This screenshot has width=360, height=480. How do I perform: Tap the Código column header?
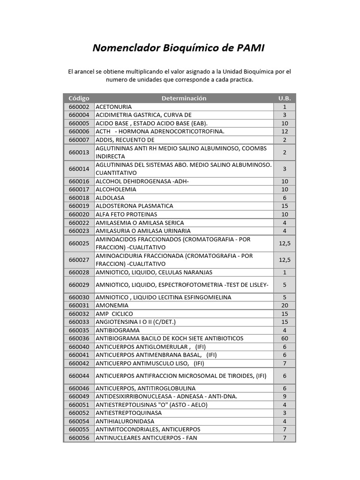(78, 98)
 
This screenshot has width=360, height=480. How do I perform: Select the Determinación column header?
(184, 98)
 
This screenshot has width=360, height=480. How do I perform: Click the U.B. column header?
(285, 98)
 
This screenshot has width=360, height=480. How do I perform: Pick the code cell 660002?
(78, 107)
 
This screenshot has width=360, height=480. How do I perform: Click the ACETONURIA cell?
(113, 107)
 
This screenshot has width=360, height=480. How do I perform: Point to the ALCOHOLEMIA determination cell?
(116, 189)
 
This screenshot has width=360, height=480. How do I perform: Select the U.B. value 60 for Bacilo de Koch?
(285, 338)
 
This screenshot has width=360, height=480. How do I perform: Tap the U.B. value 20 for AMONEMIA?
(285, 306)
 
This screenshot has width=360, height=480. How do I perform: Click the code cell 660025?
(78, 243)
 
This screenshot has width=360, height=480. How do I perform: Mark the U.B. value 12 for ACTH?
(285, 132)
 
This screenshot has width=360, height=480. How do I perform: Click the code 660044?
(78, 376)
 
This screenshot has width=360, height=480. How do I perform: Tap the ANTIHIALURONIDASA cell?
(125, 421)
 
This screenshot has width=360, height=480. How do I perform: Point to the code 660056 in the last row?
(78, 438)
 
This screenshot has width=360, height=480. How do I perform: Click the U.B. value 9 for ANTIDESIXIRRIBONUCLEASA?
(285, 397)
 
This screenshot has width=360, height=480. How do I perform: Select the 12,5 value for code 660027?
(285, 260)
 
